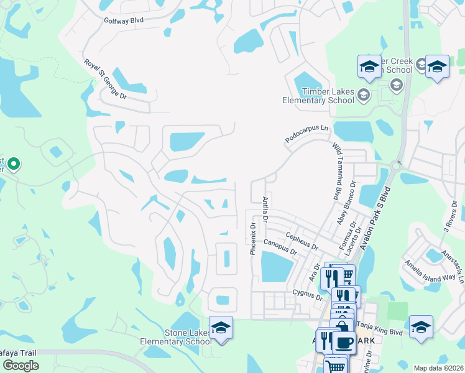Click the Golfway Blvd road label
[x=124, y=21]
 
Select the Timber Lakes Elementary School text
[x=318, y=96]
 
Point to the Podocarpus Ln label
[x=306, y=134]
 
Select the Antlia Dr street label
[x=265, y=210]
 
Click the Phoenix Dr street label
[x=253, y=239]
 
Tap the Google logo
[x=21, y=366]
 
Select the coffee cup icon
[x=343, y=342]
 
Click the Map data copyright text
[x=439, y=368]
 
